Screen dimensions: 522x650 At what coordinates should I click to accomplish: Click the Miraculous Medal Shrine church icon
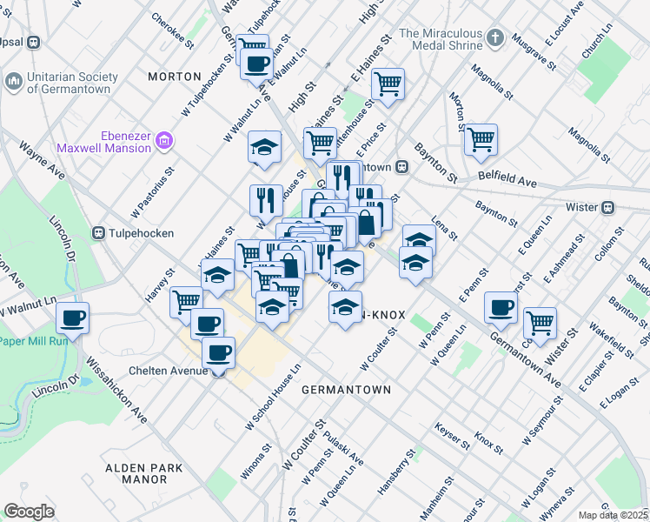[495, 38]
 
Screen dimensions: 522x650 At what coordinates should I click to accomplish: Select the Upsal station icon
[34, 42]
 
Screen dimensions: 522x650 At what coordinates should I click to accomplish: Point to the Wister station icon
[609, 207]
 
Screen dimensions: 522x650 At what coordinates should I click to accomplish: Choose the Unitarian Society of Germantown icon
[13, 82]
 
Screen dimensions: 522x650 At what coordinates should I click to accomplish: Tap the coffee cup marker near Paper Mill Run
[73, 317]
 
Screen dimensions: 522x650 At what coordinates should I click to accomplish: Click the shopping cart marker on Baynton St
[481, 139]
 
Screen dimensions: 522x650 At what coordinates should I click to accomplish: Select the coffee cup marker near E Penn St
[501, 307]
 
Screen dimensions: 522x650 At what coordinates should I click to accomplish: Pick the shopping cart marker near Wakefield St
[541, 322]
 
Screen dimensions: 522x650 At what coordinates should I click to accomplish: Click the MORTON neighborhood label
[175, 77]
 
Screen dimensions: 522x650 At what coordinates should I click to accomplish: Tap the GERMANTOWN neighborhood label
[346, 391]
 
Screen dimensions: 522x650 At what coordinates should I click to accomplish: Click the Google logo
[29, 512]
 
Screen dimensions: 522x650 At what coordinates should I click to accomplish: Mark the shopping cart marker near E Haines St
[387, 84]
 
